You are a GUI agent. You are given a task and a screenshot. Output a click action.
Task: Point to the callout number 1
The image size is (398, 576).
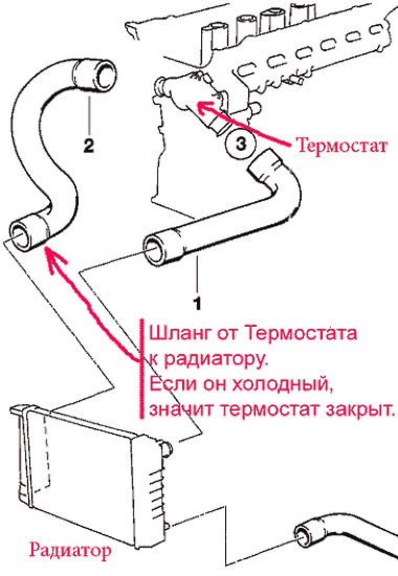point(197,302)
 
